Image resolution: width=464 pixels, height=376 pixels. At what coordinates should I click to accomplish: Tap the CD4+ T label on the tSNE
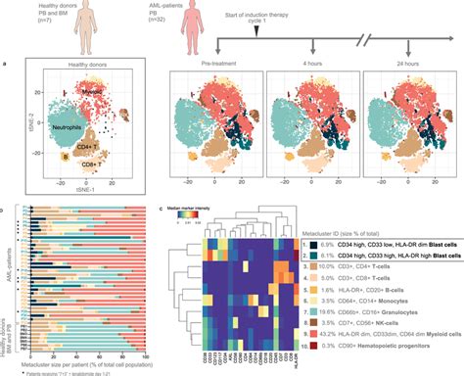point(106,148)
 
